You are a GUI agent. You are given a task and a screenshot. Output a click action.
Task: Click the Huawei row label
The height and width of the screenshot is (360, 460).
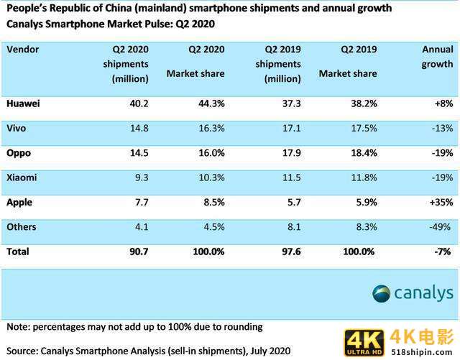click(24, 103)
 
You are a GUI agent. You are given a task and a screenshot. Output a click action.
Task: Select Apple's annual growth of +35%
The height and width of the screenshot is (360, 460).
click(438, 203)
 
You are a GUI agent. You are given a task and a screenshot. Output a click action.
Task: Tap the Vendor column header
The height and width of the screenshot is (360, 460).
click(23, 50)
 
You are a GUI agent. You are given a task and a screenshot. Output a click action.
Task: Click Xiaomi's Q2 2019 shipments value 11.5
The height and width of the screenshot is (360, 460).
click(289, 177)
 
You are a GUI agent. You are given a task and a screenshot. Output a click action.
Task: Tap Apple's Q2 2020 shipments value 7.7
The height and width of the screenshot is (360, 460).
click(139, 203)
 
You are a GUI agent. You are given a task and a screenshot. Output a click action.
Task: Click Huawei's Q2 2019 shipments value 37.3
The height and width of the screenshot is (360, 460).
click(289, 103)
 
